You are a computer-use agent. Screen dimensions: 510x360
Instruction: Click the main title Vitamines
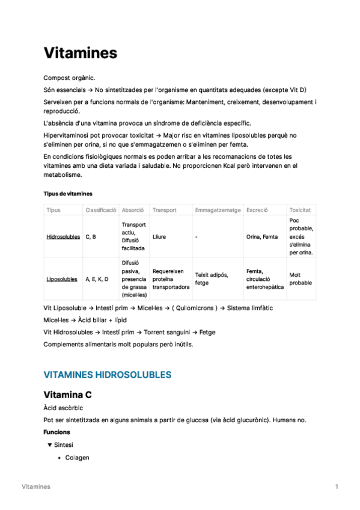tap(80, 53)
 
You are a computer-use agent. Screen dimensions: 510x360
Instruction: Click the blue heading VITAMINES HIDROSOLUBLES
tap(108, 375)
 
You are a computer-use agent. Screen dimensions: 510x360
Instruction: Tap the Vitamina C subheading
tap(67, 395)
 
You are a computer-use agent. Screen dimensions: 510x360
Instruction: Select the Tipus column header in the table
tap(53, 210)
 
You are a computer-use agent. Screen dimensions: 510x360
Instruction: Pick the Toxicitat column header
tap(300, 210)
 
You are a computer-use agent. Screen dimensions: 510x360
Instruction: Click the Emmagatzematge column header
tap(218, 210)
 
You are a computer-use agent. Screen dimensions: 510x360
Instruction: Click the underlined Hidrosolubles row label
tap(63, 237)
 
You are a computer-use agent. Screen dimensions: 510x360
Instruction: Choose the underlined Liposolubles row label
tap(62, 279)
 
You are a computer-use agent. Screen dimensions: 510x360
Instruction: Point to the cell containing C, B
tap(91, 237)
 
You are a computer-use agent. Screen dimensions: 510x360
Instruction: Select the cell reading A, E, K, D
tap(97, 279)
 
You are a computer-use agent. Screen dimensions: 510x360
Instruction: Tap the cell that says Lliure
tap(159, 237)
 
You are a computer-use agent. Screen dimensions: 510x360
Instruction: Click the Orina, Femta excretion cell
tap(262, 237)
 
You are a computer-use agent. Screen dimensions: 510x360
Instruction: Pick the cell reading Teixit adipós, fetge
tap(211, 279)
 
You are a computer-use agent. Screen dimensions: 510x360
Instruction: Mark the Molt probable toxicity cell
tap(301, 279)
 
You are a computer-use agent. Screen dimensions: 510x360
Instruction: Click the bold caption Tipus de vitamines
tap(68, 194)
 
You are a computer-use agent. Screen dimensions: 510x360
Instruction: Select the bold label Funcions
tap(56, 432)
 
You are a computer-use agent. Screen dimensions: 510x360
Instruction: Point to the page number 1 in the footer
tap(337, 486)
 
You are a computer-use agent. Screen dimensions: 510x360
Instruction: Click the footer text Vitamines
tap(36, 486)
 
